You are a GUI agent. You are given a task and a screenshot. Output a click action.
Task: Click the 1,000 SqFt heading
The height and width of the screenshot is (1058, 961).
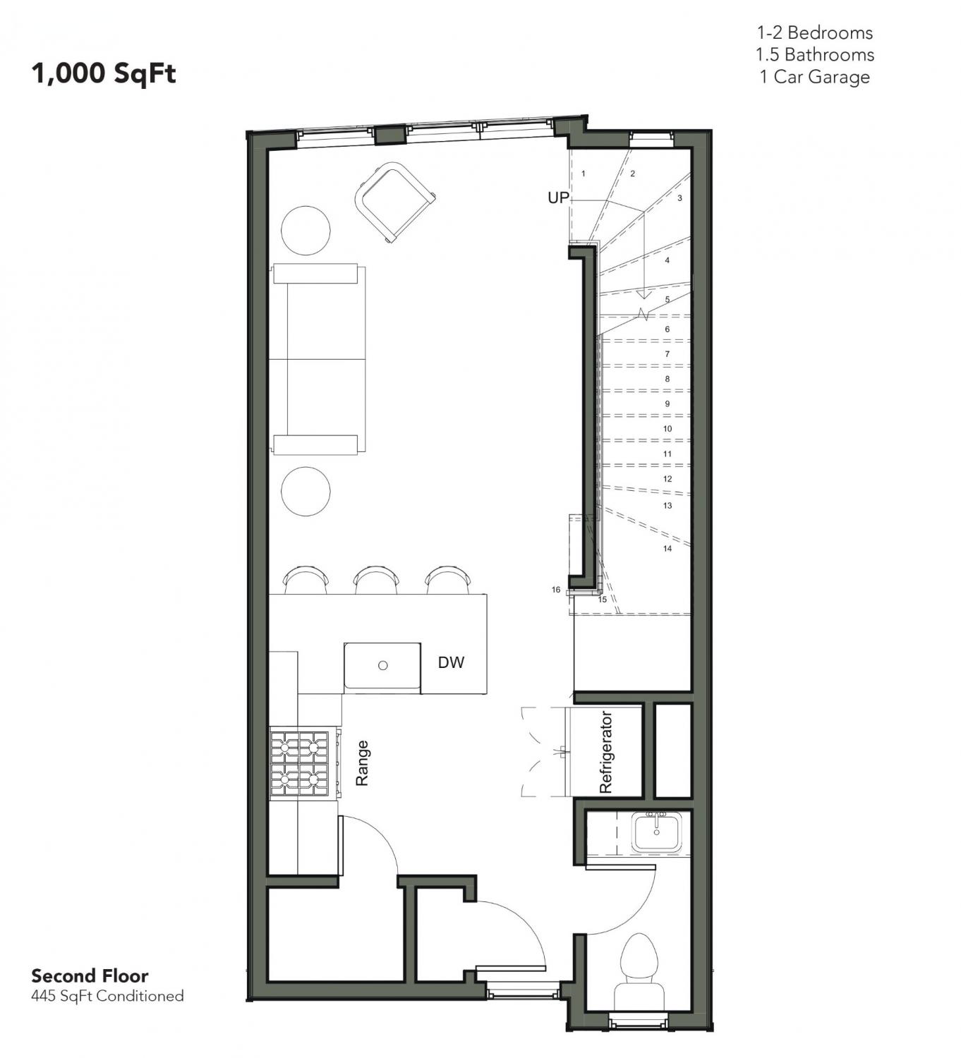pos(104,73)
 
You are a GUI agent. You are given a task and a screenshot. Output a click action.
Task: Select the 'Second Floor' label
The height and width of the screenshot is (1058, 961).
pos(90,975)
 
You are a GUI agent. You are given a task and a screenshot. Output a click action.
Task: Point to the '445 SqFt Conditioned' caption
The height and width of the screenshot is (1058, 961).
pos(108,996)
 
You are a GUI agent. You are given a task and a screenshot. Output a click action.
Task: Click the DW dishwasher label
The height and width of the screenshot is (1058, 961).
pos(451,662)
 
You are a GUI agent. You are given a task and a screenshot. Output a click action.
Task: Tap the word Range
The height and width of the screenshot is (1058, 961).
pos(362,762)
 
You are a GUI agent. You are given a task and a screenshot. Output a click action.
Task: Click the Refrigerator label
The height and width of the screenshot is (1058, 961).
pos(606,752)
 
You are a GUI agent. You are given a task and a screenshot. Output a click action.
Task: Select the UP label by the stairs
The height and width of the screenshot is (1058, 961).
pos(558,197)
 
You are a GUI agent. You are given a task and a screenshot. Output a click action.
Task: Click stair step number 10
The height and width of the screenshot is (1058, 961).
pos(667,429)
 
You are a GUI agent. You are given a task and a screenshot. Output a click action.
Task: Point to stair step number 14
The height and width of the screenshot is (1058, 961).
pos(667,549)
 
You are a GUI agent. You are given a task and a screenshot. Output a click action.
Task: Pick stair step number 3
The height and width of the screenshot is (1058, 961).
pos(679,198)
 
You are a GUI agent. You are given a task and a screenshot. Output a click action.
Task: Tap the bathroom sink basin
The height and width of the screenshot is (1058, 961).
pos(656,832)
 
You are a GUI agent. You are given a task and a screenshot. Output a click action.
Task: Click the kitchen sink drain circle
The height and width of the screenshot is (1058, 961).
pos(382,666)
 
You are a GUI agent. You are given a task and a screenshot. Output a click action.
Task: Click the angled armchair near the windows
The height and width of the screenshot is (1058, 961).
pos(394,202)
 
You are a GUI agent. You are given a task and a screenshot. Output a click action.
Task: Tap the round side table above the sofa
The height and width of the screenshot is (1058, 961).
pos(306,230)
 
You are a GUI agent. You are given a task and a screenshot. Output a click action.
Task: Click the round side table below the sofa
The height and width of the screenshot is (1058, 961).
pos(306,491)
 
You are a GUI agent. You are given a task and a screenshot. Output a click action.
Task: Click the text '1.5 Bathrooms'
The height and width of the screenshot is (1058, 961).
pos(815,55)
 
